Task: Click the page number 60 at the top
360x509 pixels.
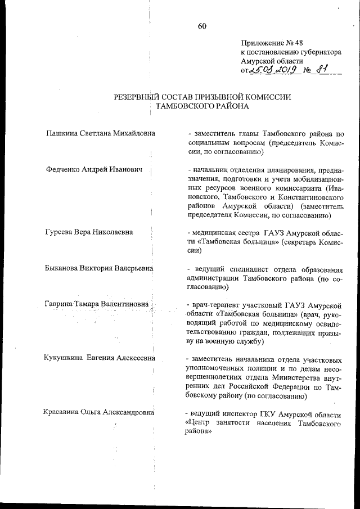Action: click(202, 25)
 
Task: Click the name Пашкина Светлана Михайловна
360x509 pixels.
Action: click(101, 133)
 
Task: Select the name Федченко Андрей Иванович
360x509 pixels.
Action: click(94, 170)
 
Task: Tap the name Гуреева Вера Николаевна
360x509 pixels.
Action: click(88, 232)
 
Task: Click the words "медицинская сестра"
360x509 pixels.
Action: click(225, 232)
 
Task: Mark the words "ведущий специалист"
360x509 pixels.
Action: click(229, 268)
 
